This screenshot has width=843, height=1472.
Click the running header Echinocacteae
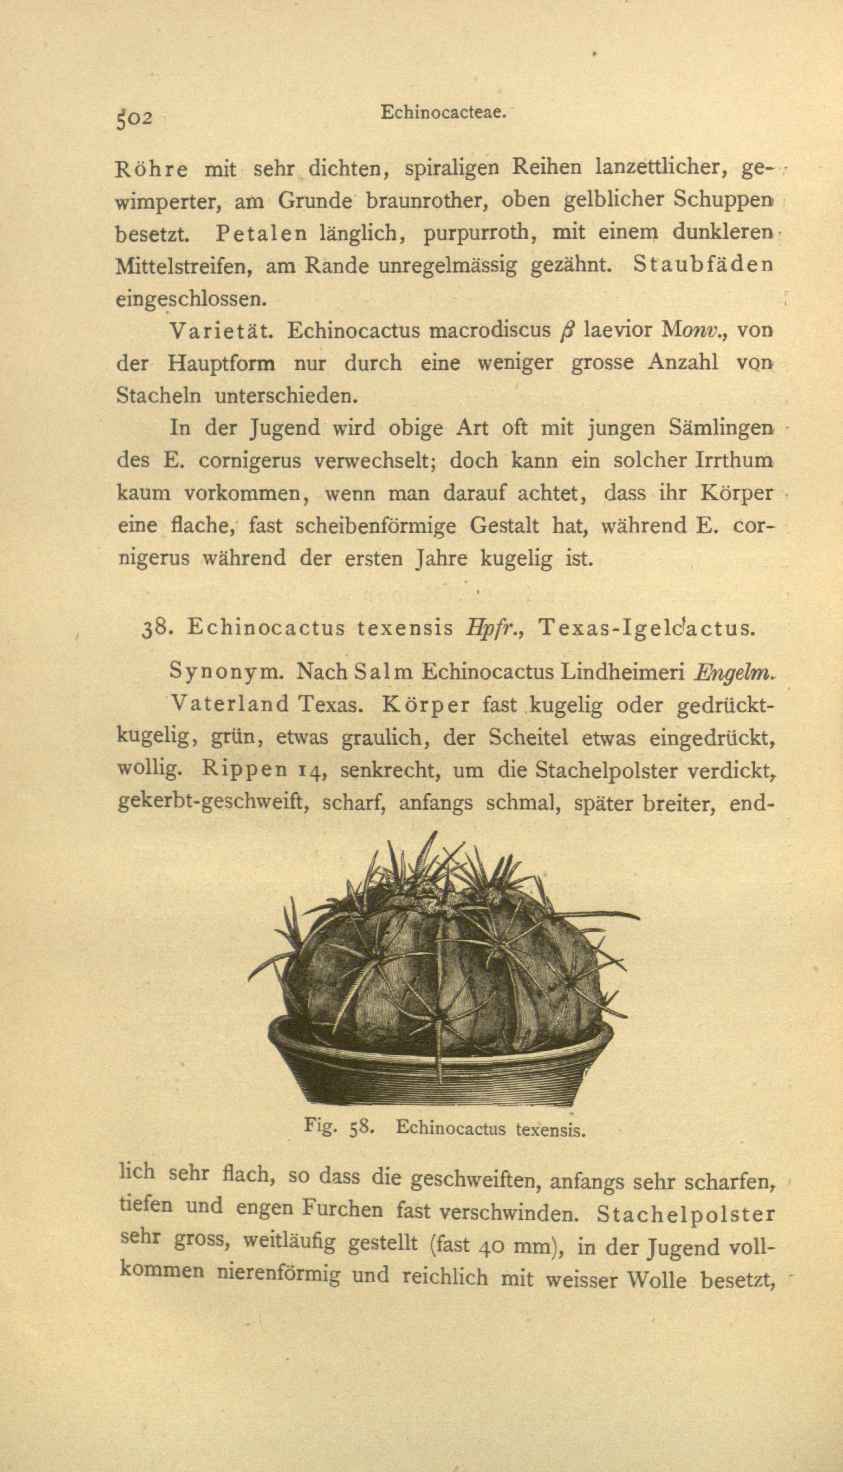click(x=443, y=112)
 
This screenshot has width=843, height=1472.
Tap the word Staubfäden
click(x=703, y=265)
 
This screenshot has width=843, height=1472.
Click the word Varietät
click(x=220, y=331)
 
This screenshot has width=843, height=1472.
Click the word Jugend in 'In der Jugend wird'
click(x=285, y=428)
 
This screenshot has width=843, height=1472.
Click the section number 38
click(x=155, y=628)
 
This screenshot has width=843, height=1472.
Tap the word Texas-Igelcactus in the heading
click(x=646, y=628)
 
